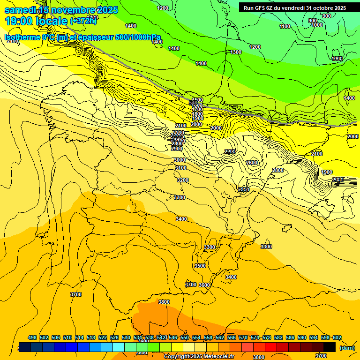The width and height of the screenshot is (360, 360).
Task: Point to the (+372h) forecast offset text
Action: click(83, 21)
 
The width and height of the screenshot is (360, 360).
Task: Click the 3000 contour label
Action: click(180, 160)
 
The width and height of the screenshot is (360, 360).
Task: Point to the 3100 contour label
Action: click(181, 168)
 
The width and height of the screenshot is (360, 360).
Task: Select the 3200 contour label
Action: click(183, 180)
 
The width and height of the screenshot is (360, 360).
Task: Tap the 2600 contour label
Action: click(252, 163)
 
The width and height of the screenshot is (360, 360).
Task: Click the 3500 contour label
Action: click(200, 266)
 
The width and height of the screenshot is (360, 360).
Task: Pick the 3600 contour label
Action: click(204, 285)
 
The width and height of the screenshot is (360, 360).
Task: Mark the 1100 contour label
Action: click(285, 26)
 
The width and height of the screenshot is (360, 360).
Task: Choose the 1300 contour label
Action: click(236, 52)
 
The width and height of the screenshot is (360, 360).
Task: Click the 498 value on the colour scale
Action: click(32, 337)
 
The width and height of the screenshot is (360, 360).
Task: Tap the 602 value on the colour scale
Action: click(337, 337)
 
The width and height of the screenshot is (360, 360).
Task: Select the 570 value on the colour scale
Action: click(243, 337)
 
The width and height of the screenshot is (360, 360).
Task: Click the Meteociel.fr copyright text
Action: click(199, 357)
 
